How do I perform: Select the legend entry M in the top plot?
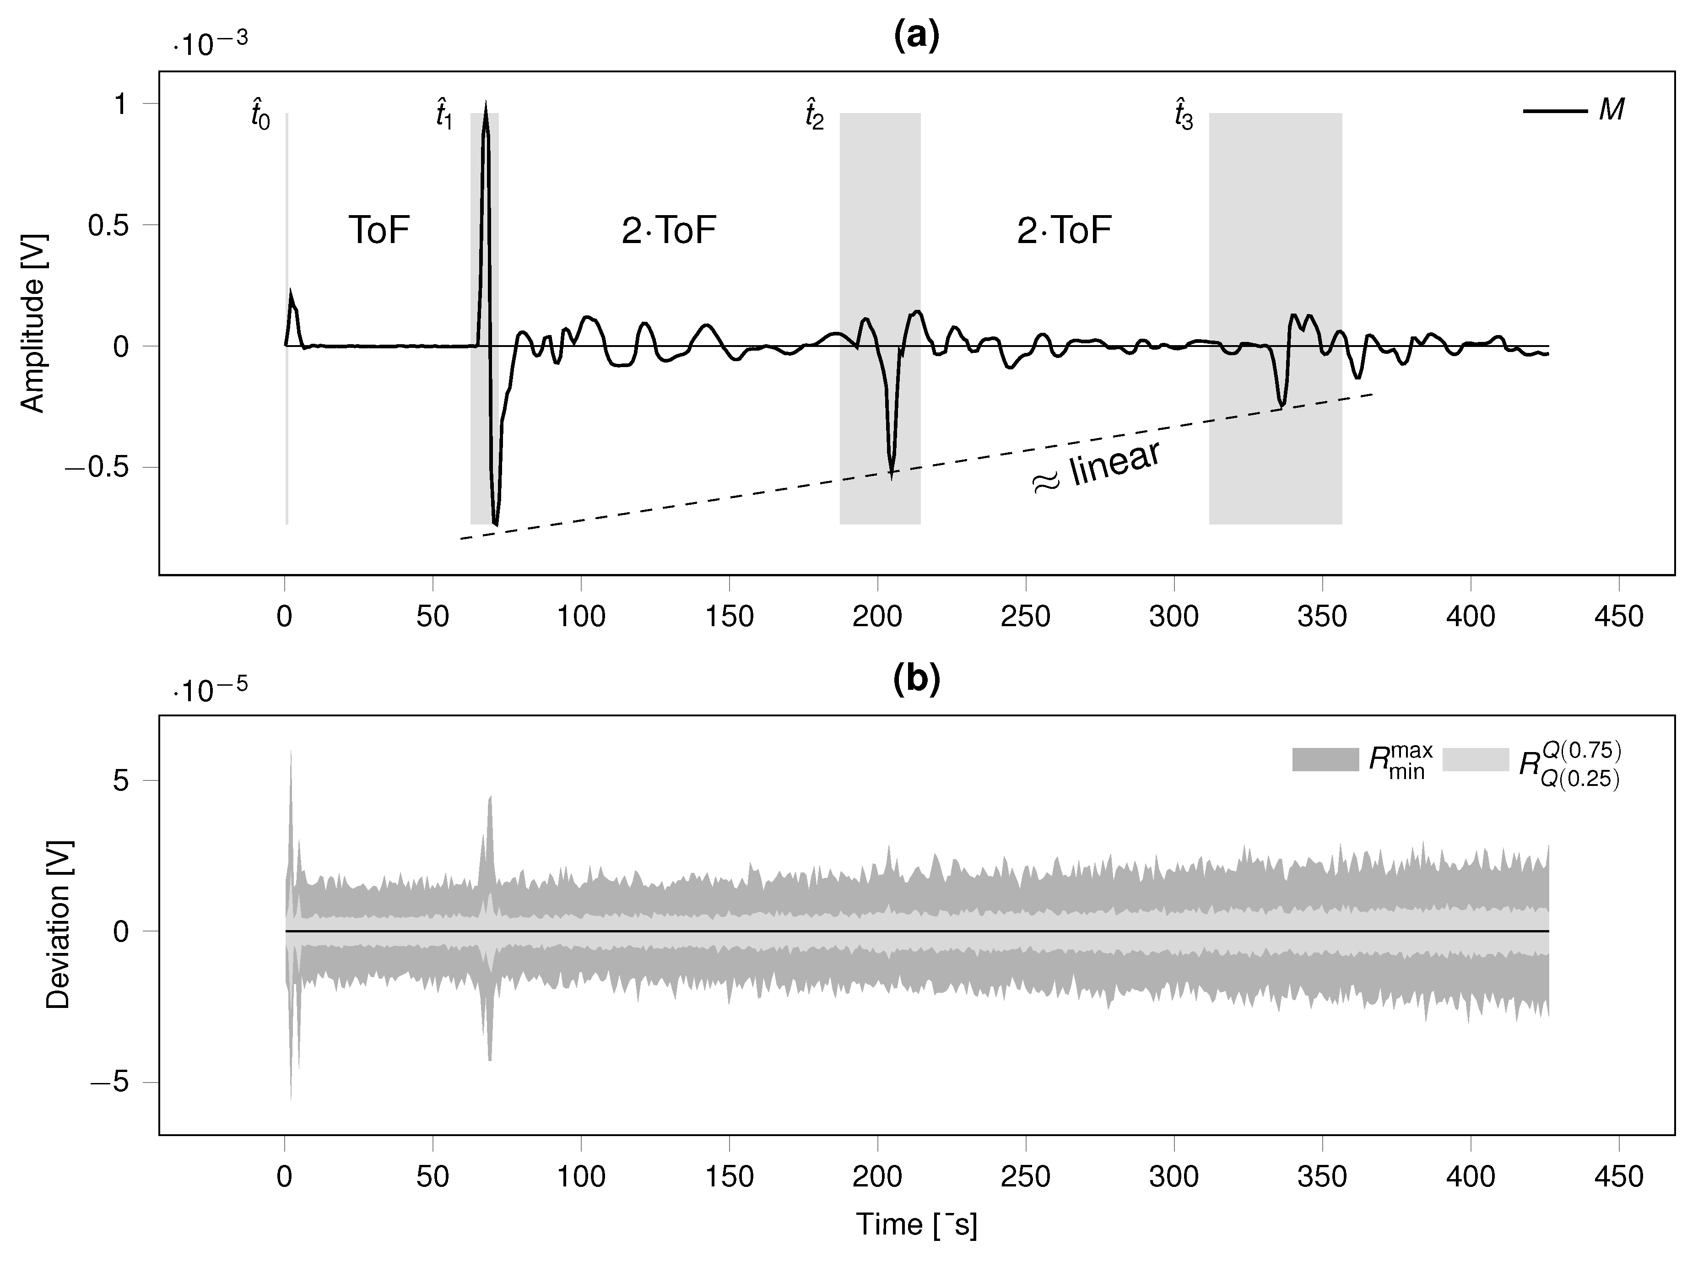coord(1611,110)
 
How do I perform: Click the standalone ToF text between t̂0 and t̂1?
coord(379,230)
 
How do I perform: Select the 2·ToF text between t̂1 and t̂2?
coord(669,230)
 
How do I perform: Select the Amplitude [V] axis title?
coord(32,323)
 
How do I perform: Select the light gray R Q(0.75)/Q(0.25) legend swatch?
coord(1476,759)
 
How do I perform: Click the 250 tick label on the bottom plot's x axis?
coord(1025,1176)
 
